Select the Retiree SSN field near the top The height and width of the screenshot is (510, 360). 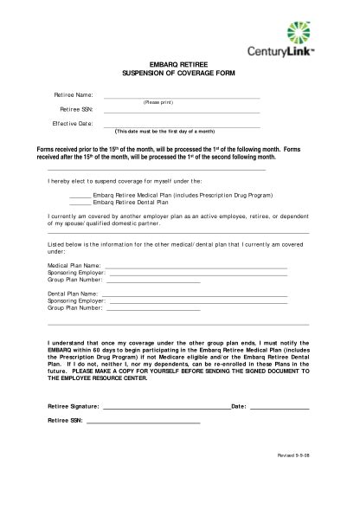tap(182, 112)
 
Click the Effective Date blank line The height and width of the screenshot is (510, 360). tap(182, 126)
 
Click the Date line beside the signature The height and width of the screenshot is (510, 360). tap(280, 406)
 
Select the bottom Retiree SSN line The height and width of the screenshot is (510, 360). tap(144, 422)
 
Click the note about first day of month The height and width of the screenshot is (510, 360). tap(164, 132)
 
